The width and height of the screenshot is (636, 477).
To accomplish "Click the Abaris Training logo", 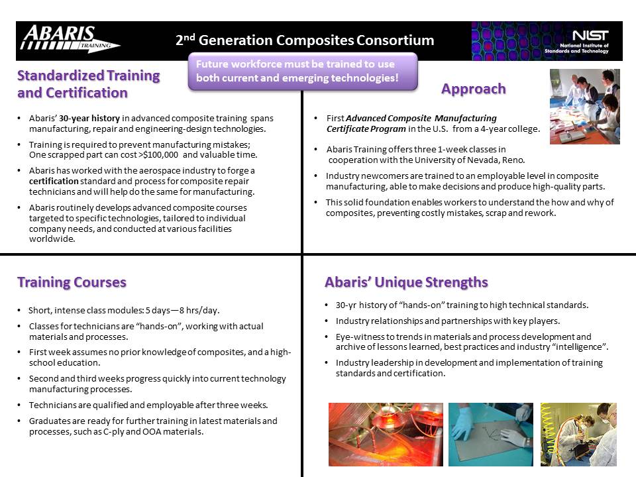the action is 70,38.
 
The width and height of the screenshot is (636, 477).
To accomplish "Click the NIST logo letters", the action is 590,35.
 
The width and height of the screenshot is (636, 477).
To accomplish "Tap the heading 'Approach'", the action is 473,89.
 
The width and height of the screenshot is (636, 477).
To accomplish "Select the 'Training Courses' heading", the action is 72,282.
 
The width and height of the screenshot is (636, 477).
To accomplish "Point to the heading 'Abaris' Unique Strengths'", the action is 406,282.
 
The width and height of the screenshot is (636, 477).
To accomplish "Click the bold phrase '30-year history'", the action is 89,119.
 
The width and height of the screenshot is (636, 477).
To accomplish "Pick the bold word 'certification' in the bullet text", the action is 54,181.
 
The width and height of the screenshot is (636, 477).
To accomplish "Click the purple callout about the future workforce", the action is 303,71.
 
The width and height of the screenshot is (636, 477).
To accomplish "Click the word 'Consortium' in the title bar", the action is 395,40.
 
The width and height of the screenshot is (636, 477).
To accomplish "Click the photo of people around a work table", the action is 584,106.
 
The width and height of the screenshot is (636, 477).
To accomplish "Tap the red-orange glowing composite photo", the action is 386,434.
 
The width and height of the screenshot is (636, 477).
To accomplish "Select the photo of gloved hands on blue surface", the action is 490,434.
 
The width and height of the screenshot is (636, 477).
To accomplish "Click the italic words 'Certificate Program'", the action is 366,129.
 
